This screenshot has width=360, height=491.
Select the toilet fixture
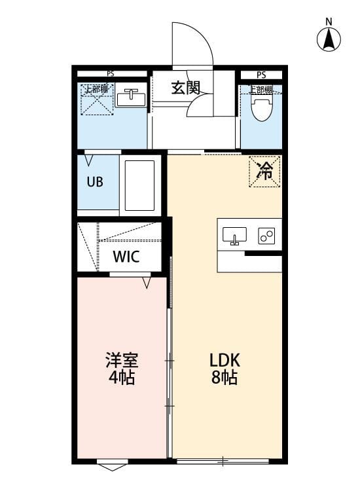tap(261, 107)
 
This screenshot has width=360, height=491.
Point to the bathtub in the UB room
tap(139, 185)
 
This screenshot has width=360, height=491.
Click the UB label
tap(95, 182)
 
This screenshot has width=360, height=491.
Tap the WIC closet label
tap(126, 257)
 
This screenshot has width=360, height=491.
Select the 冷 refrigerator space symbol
tap(265, 171)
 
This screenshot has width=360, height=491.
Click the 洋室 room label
tap(122, 360)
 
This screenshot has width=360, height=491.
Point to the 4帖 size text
tap(122, 378)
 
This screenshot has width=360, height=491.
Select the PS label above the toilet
tap(261, 75)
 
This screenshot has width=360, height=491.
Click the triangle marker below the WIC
tap(147, 283)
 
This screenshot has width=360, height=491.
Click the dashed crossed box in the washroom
tap(96, 99)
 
